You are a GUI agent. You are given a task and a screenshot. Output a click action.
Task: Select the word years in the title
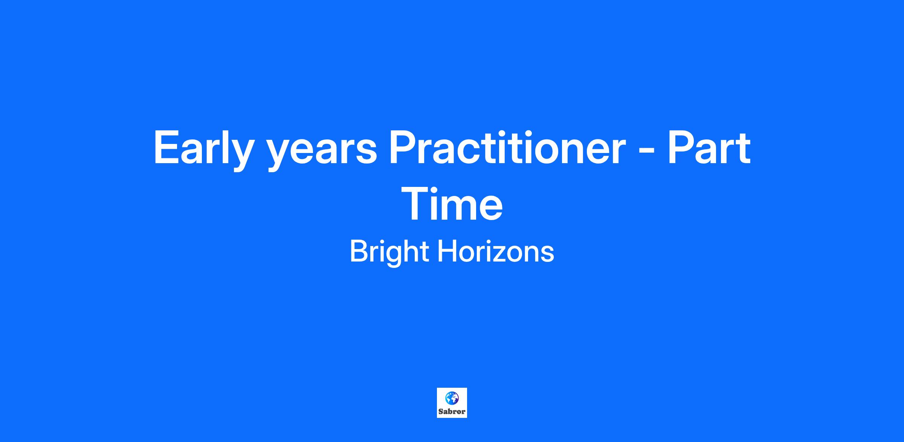(x=322, y=152)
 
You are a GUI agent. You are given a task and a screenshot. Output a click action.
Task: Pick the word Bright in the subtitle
(x=389, y=252)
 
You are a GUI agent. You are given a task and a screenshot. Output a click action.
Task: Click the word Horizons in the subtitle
(x=496, y=251)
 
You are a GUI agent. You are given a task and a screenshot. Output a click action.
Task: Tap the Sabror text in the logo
(x=452, y=412)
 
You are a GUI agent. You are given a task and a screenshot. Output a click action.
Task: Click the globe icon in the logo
(x=452, y=398)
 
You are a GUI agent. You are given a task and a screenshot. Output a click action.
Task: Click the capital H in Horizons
(x=446, y=251)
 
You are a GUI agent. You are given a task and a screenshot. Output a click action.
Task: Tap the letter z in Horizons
(x=505, y=254)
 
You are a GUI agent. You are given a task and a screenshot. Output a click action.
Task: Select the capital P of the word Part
(x=682, y=148)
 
